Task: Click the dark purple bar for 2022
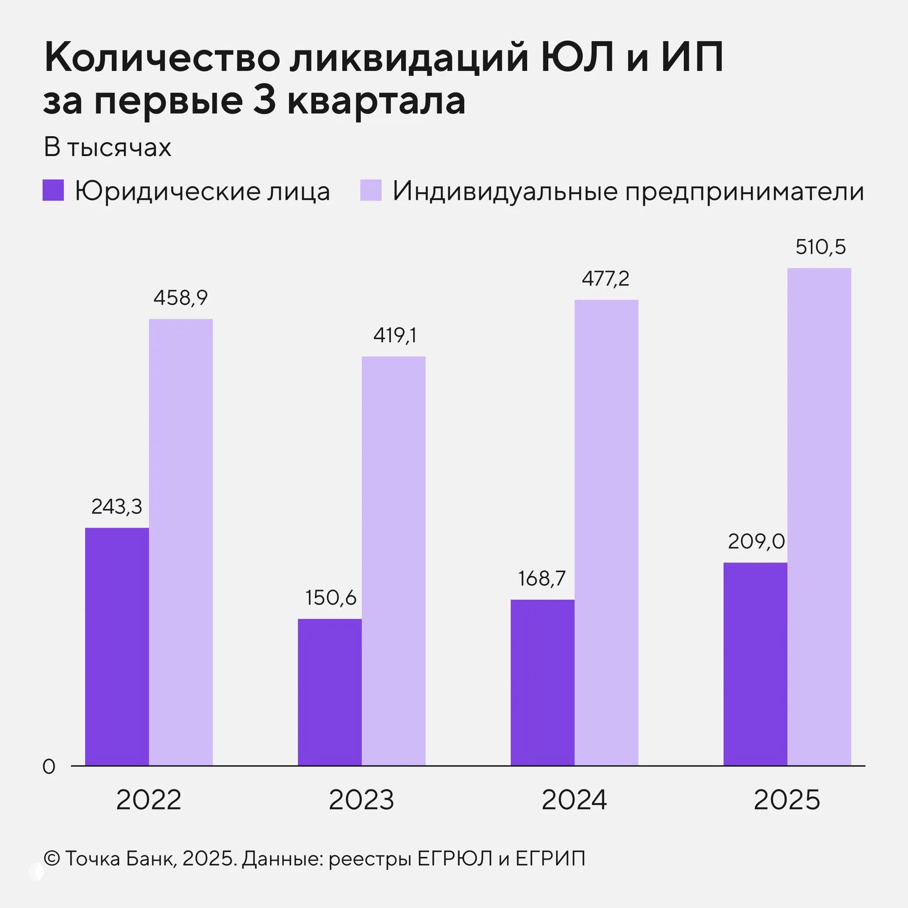(x=117, y=647)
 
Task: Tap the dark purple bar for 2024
(x=542, y=682)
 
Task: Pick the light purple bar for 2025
(x=819, y=516)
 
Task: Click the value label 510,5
(x=820, y=247)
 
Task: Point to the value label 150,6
(x=330, y=598)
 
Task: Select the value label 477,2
(x=606, y=279)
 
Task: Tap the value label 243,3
(x=117, y=506)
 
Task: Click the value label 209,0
(x=756, y=541)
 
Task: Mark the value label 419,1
(x=394, y=335)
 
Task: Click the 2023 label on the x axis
(x=361, y=800)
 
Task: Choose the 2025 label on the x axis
(x=787, y=800)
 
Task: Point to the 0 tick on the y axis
(x=49, y=767)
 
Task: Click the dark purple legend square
(x=53, y=190)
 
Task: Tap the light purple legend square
(x=371, y=190)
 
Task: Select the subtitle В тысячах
(x=107, y=148)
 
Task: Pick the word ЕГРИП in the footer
(x=550, y=859)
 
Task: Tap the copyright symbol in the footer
(x=51, y=859)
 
